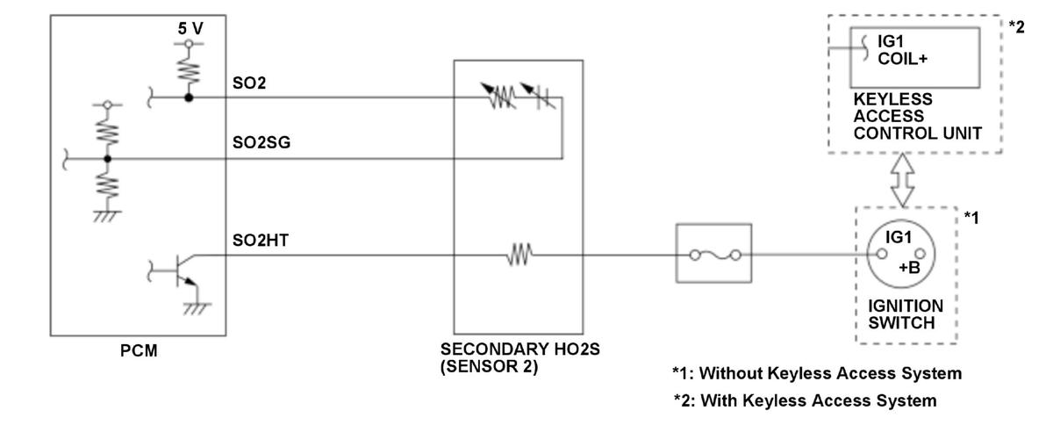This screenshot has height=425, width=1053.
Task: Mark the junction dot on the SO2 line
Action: (187, 97)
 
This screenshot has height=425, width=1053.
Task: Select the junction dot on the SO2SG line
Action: (107, 159)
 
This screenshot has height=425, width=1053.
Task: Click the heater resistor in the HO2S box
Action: (518, 257)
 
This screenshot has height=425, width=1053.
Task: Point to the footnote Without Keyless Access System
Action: (817, 374)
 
